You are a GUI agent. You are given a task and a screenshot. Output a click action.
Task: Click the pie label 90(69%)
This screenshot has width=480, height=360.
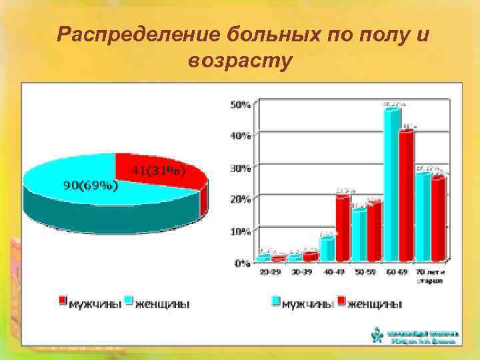click(x=91, y=185)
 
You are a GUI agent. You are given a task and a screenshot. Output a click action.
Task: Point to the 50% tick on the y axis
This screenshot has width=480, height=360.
click(x=241, y=105)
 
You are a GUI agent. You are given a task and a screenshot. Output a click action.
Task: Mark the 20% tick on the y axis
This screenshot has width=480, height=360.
click(x=241, y=199)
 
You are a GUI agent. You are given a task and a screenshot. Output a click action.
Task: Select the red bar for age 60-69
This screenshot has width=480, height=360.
click(x=406, y=196)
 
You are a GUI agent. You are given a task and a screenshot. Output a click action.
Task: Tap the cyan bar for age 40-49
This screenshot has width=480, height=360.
click(x=327, y=248)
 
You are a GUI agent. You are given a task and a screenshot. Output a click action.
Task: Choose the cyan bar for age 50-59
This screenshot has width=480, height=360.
click(x=359, y=235)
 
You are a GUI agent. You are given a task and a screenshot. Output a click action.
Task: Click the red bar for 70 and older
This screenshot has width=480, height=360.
click(x=438, y=219)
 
